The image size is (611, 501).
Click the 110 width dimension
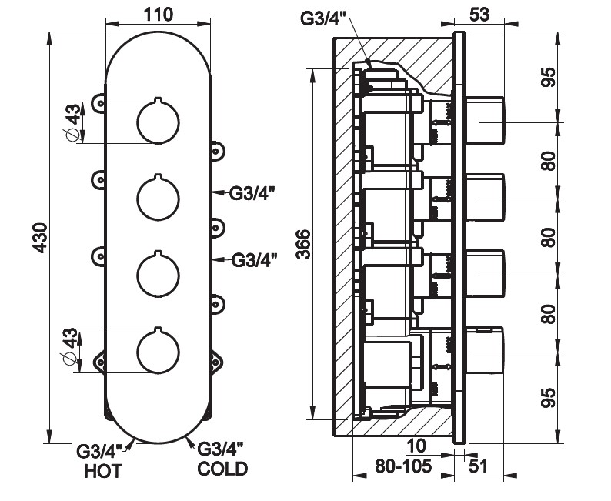coord(158,15)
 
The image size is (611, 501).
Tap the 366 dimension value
coord(302,245)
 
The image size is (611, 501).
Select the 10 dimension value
coord(416,446)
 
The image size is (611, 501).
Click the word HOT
coord(102,471)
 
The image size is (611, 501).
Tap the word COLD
coord(222,468)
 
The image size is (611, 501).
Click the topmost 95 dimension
coord(548,77)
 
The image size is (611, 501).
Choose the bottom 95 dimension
coord(548,398)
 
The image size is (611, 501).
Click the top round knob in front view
coord(158,122)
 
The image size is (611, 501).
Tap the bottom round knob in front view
coord(158,351)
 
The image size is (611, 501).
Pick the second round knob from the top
coord(158,197)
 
